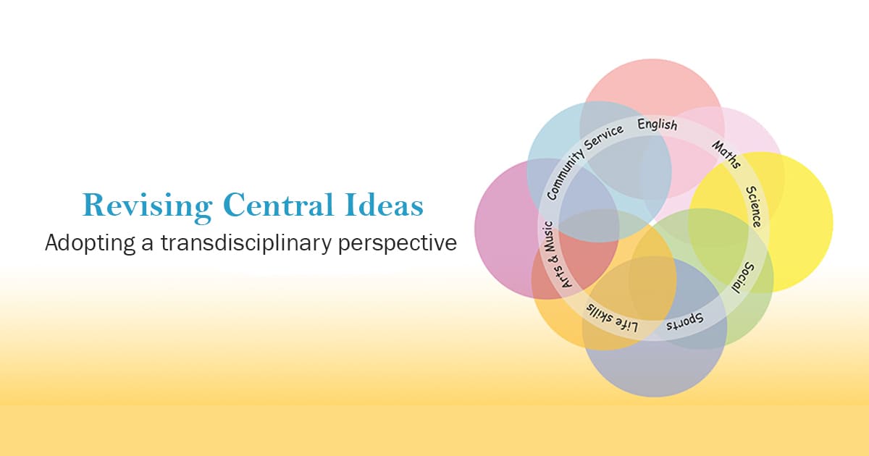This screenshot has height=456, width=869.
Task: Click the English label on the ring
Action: click(658, 124)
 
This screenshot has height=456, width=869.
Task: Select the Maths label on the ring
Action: click(726, 154)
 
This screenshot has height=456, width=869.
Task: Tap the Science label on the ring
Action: click(754, 206)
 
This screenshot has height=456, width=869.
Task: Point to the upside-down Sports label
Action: click(684, 322)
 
